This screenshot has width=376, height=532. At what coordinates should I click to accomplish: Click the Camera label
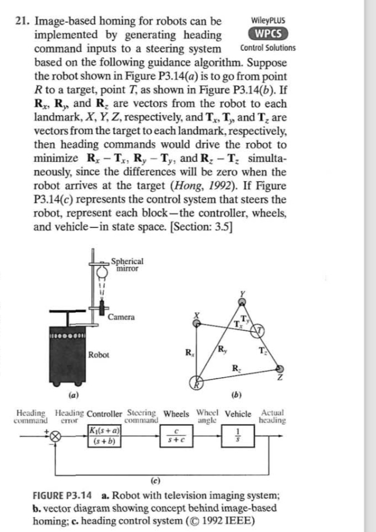pos(121,317)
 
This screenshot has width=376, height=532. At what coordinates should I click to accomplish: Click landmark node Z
pos(281,368)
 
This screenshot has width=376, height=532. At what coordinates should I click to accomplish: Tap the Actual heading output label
pos(271,416)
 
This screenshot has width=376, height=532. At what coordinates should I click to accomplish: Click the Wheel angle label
pos(210,416)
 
